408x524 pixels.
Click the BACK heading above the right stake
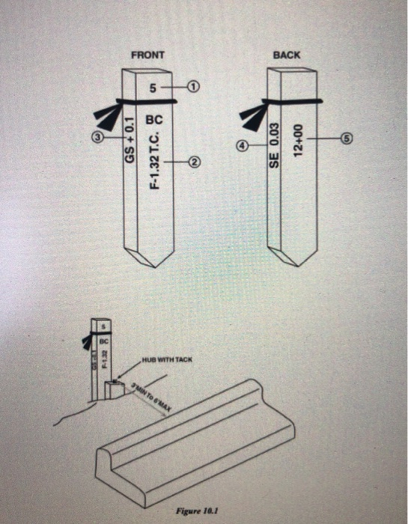[x=287, y=55]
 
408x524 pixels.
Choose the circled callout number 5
[x=346, y=138]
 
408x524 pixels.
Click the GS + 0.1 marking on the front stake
[x=129, y=142]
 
